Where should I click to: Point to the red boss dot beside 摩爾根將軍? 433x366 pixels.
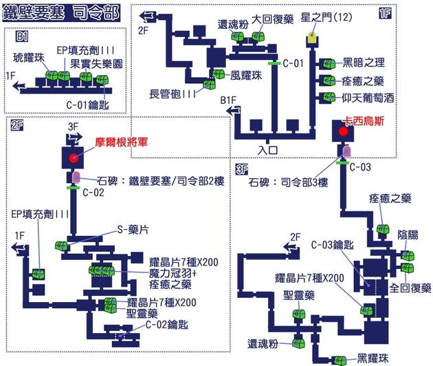74,159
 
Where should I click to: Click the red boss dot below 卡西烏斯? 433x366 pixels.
345,131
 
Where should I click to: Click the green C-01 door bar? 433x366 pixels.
274,63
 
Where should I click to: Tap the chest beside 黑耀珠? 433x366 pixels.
340,358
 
